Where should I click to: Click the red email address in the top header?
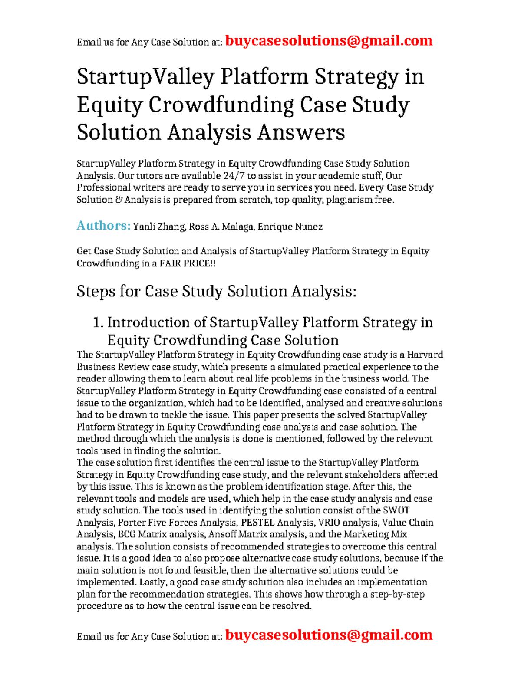click(329, 41)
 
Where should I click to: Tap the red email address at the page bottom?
click(329, 635)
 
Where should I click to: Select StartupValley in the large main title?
click(145, 77)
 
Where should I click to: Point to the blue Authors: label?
click(103, 226)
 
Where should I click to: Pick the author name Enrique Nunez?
click(290, 227)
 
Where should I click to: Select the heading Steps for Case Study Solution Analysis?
click(216, 291)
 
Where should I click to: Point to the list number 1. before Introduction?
click(99, 323)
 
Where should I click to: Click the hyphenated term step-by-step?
click(397, 594)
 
